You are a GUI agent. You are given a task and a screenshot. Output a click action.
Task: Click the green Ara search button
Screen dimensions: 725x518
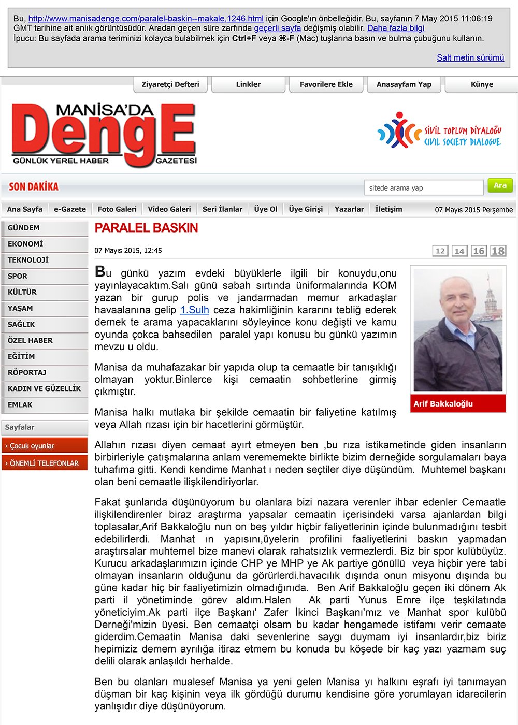pos(500,185)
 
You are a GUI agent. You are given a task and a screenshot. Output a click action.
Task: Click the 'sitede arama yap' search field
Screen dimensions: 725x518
pos(424,188)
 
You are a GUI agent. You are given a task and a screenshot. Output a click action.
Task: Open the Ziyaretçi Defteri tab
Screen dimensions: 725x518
pos(170,84)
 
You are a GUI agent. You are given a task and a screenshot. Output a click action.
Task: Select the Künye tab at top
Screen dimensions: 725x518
pos(482,84)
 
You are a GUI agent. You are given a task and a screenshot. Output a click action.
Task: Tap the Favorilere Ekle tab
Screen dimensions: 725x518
pos(326,84)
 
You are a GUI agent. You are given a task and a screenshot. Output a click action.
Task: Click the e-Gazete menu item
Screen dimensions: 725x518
pos(70,209)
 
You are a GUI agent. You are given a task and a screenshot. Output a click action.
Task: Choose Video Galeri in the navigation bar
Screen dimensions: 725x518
pos(169,209)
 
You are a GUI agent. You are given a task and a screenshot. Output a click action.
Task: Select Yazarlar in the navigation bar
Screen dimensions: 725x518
pos(349,209)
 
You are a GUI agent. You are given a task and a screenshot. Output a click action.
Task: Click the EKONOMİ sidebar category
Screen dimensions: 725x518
pos(25,244)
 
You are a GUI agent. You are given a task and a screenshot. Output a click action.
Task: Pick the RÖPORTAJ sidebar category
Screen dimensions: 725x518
pos(27,372)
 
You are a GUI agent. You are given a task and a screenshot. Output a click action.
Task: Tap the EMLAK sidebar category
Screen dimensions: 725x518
pos(20,404)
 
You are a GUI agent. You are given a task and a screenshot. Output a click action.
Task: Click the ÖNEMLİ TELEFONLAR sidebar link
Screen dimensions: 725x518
pos(44,463)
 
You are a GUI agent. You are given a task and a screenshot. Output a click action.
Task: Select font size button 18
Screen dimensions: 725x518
pos(498,251)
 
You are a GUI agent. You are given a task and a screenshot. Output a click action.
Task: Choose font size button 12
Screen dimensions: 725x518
pos(440,251)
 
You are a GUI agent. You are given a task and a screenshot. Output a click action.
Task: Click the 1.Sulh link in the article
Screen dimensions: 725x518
pos(194,310)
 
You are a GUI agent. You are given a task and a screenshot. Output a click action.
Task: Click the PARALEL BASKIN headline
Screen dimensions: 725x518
pos(146,228)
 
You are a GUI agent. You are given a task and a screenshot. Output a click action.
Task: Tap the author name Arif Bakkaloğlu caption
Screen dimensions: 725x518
pos(443,404)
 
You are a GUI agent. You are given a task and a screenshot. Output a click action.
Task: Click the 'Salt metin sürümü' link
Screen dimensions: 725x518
pos(470,57)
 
